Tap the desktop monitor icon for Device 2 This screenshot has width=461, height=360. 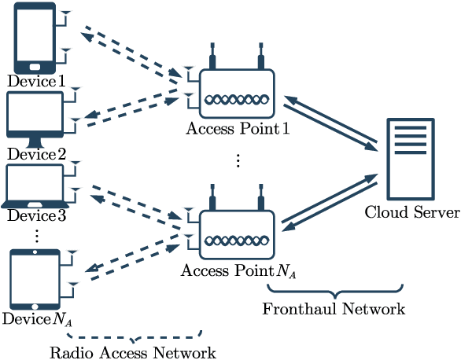tap(35, 118)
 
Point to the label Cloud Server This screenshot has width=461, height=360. tap(411, 213)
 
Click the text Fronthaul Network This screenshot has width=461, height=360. tap(334, 309)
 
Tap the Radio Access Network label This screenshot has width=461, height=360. tap(132, 351)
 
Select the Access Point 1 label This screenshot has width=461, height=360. tap(238, 129)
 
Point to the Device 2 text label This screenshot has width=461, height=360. tap(36, 154)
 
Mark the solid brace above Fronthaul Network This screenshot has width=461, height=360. tap(334, 289)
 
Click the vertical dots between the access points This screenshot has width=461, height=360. tap(238, 161)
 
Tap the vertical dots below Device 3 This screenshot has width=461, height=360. tap(35, 235)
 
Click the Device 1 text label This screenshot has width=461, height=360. tap(36, 81)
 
